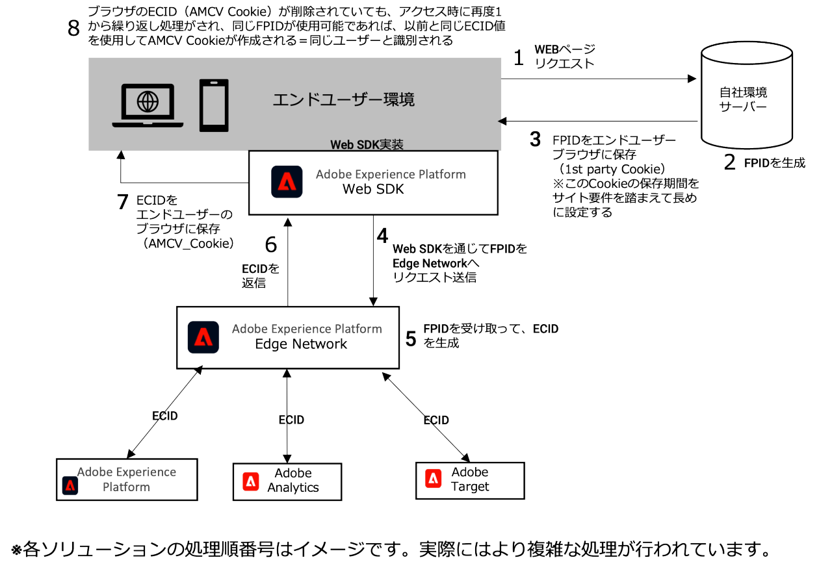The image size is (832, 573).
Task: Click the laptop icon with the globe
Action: click(x=148, y=106)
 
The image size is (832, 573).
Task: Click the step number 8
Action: click(x=75, y=28)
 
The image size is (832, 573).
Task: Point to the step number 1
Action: click(x=518, y=58)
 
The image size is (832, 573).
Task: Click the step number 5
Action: click(x=411, y=338)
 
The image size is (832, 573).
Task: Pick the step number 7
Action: click(x=123, y=202)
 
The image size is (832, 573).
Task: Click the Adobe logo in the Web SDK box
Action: click(x=287, y=183)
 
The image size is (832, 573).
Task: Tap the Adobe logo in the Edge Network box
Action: click(x=203, y=337)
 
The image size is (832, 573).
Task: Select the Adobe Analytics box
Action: click(x=287, y=481)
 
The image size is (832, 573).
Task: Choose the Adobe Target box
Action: click(x=469, y=480)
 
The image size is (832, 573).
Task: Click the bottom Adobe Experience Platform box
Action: click(x=127, y=479)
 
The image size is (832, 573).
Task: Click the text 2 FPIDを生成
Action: click(x=764, y=162)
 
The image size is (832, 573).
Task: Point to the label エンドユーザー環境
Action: click(x=343, y=100)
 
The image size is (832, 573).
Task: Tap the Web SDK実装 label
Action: click(x=367, y=144)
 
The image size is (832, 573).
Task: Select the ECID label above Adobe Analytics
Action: click(x=291, y=420)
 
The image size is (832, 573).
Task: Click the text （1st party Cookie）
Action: click(x=615, y=170)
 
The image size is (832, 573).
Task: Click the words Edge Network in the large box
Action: click(x=301, y=344)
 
